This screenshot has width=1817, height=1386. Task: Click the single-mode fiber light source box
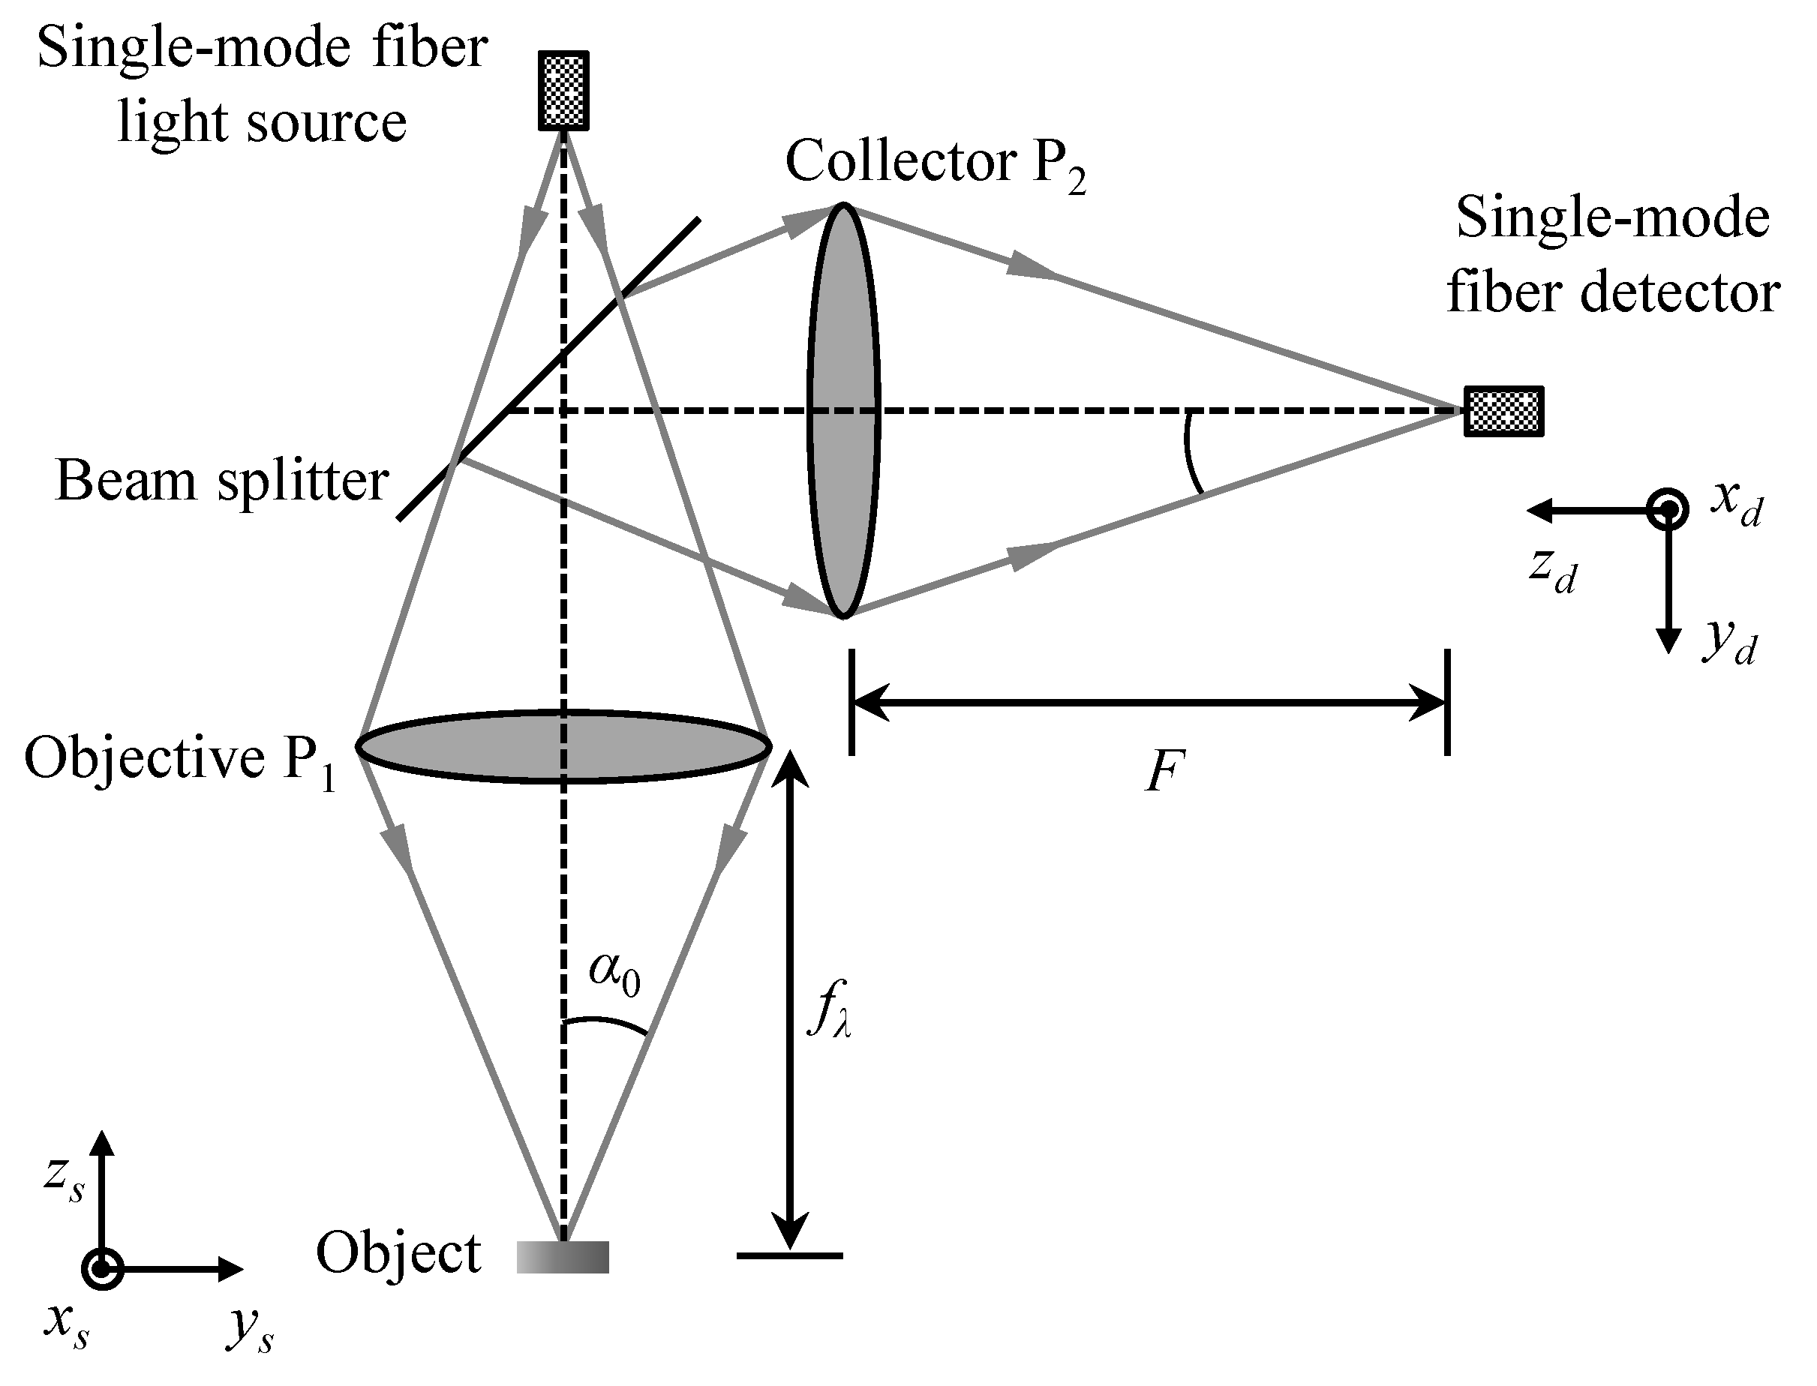[x=563, y=91]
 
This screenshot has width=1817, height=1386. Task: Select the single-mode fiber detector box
[x=1503, y=411]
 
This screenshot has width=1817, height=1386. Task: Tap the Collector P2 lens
[x=842, y=411]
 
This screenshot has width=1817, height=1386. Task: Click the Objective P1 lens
[x=563, y=745]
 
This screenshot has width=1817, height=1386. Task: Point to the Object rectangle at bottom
[x=563, y=1256]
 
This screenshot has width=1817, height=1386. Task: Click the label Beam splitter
[x=221, y=480]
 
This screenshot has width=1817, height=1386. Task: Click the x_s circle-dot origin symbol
[x=102, y=1269]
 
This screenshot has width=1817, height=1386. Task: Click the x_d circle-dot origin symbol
[x=1668, y=510]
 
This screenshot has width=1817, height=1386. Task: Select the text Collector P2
[x=935, y=163]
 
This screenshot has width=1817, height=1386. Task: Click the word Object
[x=398, y=1254]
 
